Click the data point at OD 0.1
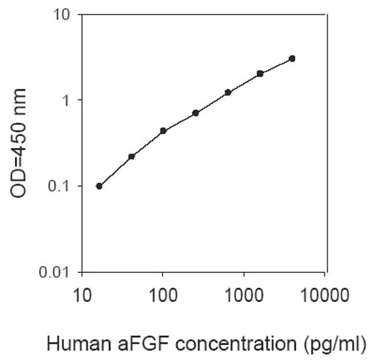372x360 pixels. click(99, 186)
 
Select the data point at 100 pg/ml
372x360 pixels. click(163, 131)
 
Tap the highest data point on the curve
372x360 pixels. click(292, 58)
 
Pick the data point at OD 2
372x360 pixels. click(260, 74)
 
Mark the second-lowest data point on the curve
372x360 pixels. click(131, 156)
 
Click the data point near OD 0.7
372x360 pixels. click(195, 113)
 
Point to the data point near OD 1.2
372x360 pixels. click(228, 92)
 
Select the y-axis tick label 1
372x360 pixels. click(66, 100)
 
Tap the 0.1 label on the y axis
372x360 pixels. click(59, 186)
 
